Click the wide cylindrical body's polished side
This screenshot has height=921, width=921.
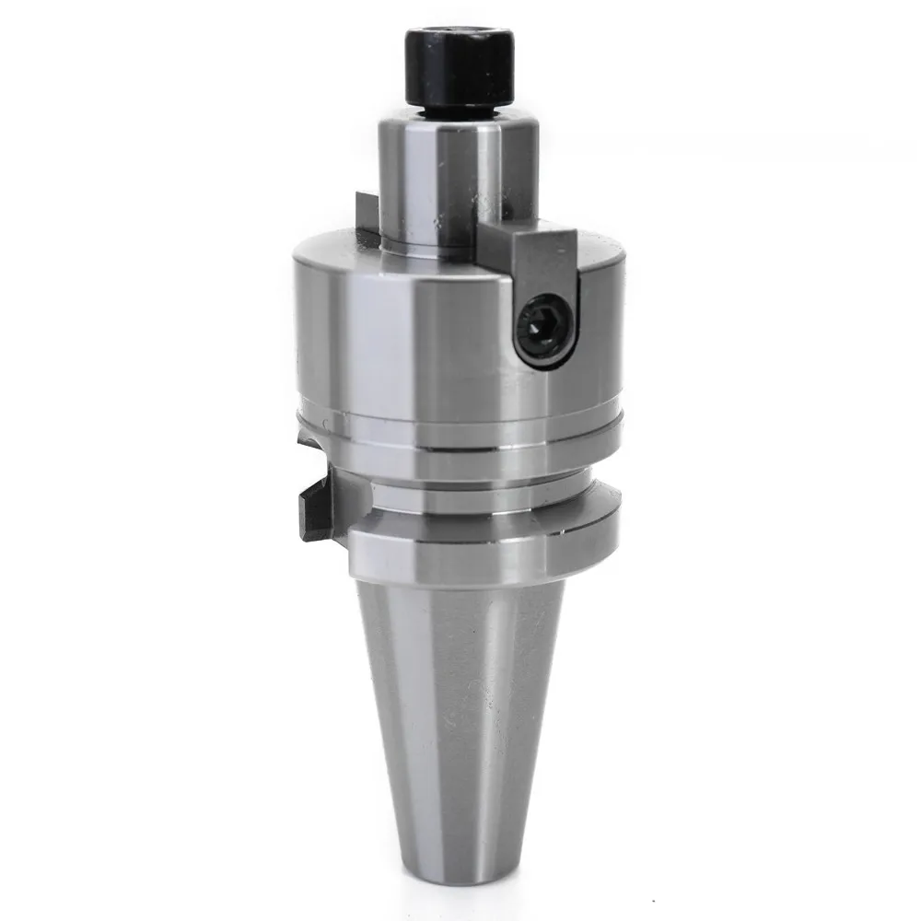414,341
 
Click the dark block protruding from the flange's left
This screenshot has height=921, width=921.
318,511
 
